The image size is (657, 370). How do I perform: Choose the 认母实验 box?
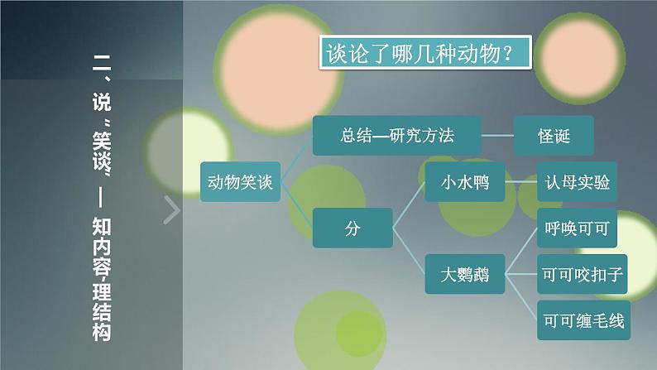click(x=578, y=182)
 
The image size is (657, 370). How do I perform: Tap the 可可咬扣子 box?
click(x=583, y=273)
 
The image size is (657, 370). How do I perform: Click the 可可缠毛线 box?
click(x=583, y=318)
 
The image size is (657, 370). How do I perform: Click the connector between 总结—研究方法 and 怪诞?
click(x=497, y=134)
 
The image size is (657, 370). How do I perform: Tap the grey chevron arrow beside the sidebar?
click(x=171, y=211)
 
